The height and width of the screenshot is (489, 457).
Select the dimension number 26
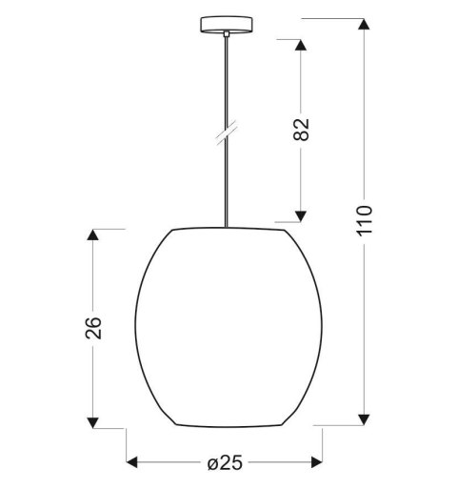coord(93,327)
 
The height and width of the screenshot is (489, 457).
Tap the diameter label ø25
coord(225,464)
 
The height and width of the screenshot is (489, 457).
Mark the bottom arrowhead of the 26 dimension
coord(92,418)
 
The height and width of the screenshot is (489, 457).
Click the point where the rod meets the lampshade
coord(226,228)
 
